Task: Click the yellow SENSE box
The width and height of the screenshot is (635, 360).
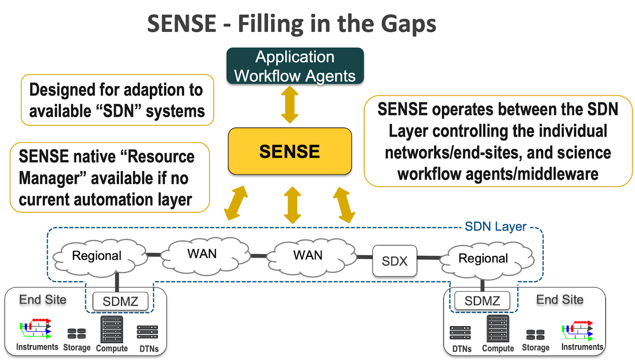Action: pos(290,151)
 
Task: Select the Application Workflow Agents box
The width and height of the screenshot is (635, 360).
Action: pos(295,66)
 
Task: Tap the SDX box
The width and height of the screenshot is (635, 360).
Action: pos(394,260)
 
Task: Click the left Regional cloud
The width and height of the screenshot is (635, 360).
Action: pos(97,256)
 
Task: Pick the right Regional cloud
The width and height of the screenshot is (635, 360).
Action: pos(483,258)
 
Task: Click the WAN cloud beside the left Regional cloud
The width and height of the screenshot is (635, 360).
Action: pos(202,253)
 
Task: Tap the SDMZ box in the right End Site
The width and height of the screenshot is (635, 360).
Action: pos(482,300)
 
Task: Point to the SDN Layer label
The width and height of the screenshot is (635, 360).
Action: pos(495,227)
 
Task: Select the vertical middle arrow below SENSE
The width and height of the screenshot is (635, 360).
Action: pos(293,204)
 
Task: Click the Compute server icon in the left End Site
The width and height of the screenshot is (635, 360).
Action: pos(112,329)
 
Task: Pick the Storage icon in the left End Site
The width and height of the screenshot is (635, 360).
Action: pos(76,334)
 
